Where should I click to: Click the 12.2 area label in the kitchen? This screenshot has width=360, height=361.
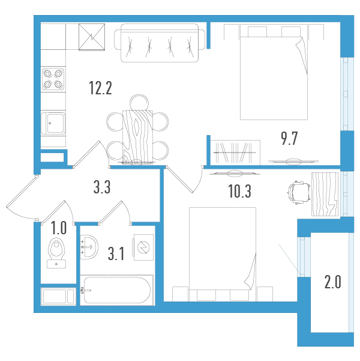(101, 88)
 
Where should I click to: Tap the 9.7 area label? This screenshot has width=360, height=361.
(289, 138)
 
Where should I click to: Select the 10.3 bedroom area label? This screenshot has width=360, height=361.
(239, 192)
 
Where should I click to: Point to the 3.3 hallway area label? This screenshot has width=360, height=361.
(102, 187)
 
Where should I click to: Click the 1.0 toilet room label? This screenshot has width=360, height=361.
(59, 228)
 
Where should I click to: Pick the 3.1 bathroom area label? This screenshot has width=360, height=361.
(116, 253)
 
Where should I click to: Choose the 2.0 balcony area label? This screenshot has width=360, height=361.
(332, 282)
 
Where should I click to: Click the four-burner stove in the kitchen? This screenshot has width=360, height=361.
(53, 79)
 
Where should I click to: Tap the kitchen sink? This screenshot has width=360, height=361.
(53, 124)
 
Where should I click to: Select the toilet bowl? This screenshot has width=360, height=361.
(56, 253)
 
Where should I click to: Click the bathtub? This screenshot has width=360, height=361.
(117, 290)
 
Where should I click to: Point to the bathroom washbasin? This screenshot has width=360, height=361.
(89, 247)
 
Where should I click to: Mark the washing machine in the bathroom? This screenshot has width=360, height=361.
(143, 247)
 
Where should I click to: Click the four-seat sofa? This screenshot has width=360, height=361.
(160, 43)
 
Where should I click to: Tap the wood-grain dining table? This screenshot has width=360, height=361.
(137, 137)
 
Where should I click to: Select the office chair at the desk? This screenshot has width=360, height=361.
(299, 193)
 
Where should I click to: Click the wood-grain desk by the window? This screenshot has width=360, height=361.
(325, 195)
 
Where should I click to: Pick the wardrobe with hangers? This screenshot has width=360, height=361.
(235, 153)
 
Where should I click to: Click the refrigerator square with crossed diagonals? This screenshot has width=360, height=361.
(92, 37)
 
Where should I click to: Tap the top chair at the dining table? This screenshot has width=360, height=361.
(139, 103)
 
